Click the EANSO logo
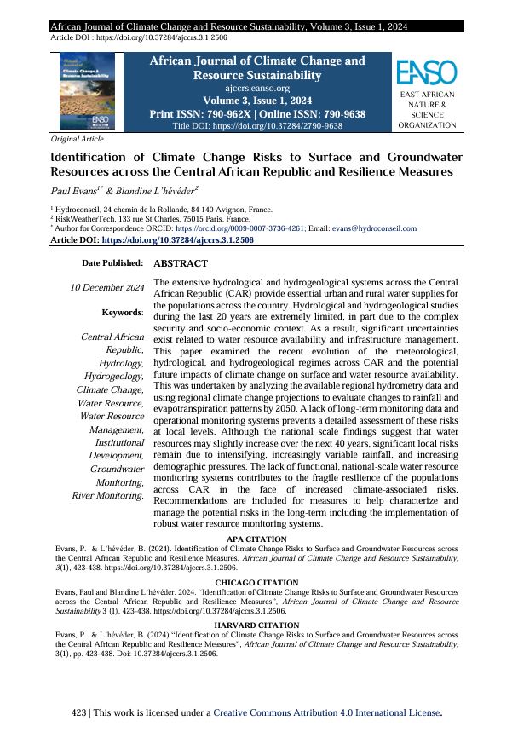[427, 71]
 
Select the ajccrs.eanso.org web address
[256, 87]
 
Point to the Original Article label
[78, 139]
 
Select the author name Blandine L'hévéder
[158, 188]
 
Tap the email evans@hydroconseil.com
[374, 228]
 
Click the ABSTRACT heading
[181, 264]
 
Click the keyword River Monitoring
[106, 495]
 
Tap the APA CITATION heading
[256, 539]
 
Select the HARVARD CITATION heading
[256, 625]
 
